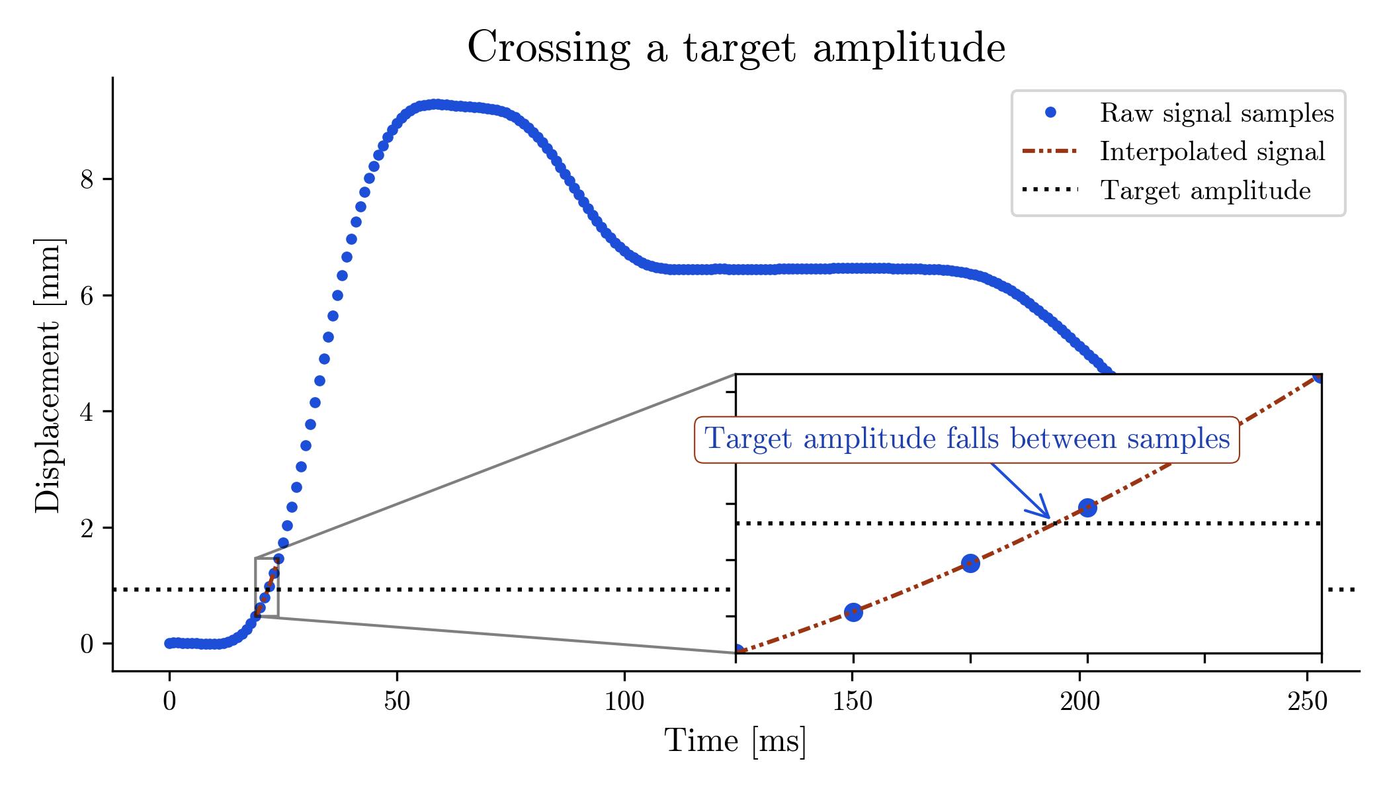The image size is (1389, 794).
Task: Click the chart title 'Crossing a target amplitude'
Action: click(736, 48)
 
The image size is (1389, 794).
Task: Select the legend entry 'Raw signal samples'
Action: click(1216, 114)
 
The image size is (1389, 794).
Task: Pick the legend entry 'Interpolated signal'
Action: click(1212, 152)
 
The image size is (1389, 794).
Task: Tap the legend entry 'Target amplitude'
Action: click(1204, 191)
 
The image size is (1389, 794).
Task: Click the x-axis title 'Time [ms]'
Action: click(736, 741)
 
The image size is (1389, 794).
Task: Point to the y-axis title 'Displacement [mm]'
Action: click(48, 375)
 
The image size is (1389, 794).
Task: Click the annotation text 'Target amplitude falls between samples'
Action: click(966, 439)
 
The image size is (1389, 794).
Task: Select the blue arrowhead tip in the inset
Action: click(1050, 518)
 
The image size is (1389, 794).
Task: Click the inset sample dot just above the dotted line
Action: click(1087, 507)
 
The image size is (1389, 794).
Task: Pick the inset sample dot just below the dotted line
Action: click(970, 564)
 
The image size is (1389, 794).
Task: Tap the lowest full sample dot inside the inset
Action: click(853, 611)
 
